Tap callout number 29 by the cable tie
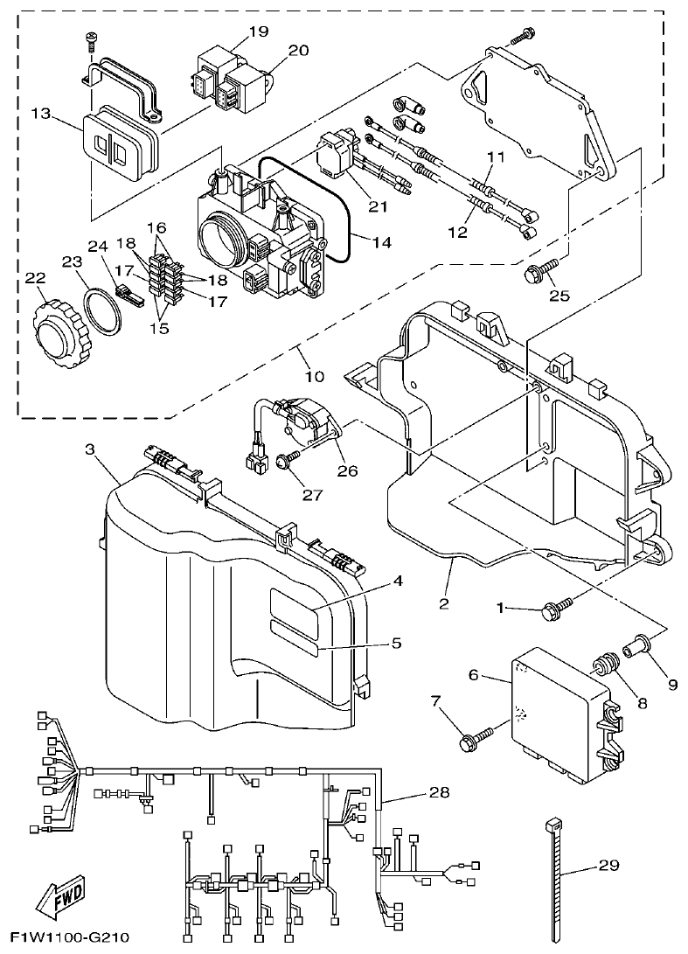[608, 866]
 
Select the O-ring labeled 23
[102, 310]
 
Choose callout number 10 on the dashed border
[314, 377]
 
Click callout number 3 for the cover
[90, 449]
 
